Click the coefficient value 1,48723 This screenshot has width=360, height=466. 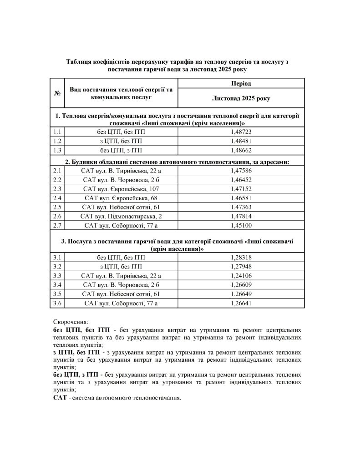241,132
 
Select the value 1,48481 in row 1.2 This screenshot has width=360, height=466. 241,141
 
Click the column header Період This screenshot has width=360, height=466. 241,83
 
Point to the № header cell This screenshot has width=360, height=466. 58,93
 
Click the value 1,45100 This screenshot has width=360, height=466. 241,225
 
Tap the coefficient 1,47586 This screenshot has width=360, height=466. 241,170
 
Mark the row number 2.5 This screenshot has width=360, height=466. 57,207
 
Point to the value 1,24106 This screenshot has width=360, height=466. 241,276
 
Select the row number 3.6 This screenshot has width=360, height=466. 57,303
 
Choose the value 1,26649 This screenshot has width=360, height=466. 241,294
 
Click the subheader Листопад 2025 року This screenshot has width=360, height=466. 241,98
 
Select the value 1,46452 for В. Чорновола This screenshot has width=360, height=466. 241,179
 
